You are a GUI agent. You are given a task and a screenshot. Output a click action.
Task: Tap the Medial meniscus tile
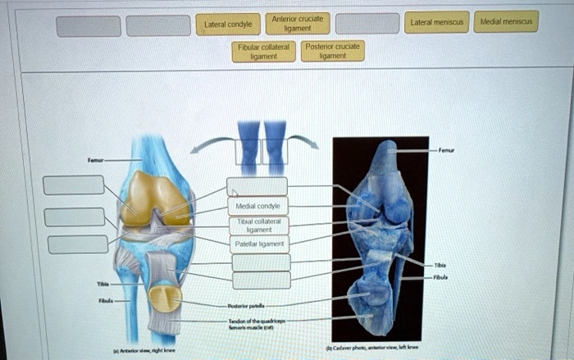click(506, 21)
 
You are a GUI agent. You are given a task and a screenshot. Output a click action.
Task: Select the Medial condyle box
click(258, 205)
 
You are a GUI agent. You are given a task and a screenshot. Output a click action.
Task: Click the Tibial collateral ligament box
click(258, 225)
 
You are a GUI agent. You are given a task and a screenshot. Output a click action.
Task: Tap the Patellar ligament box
click(258, 244)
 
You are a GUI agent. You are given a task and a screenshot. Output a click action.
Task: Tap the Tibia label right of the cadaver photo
click(440, 266)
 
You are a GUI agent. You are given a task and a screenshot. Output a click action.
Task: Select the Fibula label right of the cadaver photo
click(441, 276)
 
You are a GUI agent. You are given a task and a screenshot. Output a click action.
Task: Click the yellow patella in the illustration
click(166, 298)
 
